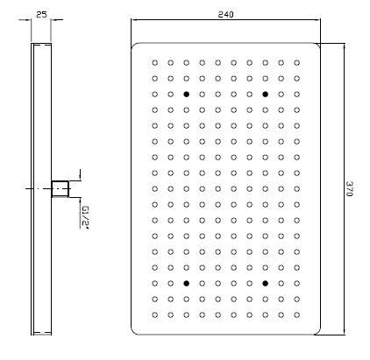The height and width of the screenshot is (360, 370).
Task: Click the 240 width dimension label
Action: [x=225, y=14]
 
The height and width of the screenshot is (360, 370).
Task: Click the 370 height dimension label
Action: [x=350, y=188]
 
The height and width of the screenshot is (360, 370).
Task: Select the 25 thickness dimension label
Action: [x=41, y=14]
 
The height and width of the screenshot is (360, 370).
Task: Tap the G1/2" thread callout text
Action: [x=84, y=217]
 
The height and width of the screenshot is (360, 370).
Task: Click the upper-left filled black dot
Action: [x=187, y=95]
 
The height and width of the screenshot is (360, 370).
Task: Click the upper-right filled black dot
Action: [x=265, y=95]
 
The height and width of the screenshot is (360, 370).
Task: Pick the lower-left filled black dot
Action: [x=187, y=283]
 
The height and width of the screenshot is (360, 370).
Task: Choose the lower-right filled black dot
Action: [x=265, y=283]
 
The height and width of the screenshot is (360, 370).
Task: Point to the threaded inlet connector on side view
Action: [x=60, y=188]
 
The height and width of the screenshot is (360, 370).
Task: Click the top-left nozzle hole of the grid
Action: [x=155, y=63]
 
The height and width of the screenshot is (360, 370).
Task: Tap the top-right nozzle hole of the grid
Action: [x=296, y=63]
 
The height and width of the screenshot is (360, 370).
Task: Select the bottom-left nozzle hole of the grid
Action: [x=155, y=314]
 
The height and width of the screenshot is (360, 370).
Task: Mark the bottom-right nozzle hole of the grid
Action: [x=296, y=314]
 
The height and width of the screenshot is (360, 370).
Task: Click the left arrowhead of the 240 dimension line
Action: [x=134, y=20]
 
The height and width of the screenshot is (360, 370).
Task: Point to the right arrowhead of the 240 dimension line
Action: [x=317, y=20]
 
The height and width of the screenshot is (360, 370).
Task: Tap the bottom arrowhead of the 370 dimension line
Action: [x=344, y=332]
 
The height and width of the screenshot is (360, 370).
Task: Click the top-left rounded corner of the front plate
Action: [x=134, y=46]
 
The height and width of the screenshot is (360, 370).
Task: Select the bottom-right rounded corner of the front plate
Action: [x=317, y=331]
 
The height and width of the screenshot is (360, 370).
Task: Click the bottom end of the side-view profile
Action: [x=41, y=335]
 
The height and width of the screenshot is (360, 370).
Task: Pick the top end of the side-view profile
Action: [x=41, y=44]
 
